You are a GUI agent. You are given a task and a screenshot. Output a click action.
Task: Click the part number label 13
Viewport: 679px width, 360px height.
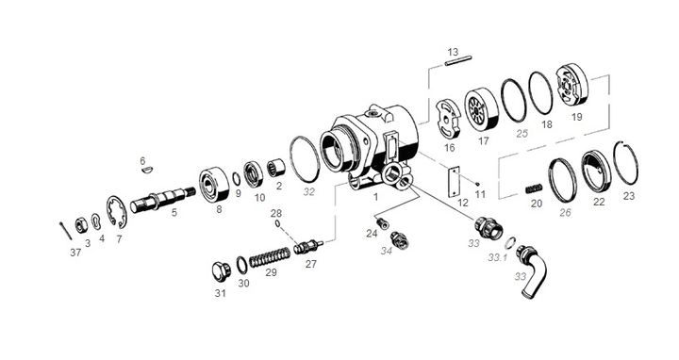coord(453,51)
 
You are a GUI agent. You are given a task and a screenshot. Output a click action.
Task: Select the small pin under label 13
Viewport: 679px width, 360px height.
coord(455,64)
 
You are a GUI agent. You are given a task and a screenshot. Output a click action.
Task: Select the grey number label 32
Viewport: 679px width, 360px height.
coord(307,189)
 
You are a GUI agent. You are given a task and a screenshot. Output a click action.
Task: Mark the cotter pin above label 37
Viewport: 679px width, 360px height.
coord(62,229)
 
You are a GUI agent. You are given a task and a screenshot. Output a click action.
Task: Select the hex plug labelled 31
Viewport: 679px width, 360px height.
coord(223,271)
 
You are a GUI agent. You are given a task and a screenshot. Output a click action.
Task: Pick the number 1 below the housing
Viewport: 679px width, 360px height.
coord(375,199)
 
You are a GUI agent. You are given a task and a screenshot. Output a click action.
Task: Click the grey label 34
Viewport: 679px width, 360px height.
coord(385,252)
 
